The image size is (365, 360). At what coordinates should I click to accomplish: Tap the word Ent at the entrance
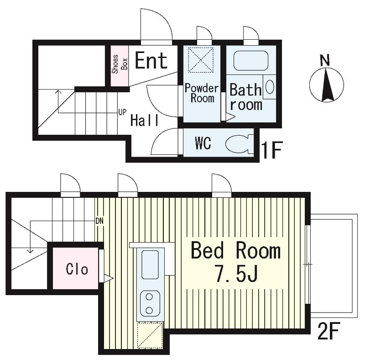(x=151, y=60)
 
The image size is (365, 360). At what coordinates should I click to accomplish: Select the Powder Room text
(x=201, y=93)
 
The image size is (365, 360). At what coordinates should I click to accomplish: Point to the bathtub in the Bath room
(x=250, y=61)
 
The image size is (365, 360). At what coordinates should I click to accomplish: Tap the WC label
(x=203, y=143)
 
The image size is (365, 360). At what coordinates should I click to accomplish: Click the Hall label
(x=145, y=120)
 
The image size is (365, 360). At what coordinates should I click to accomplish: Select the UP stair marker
(x=122, y=111)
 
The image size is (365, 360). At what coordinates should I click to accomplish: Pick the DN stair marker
(x=100, y=221)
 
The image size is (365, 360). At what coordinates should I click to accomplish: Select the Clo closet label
(x=77, y=269)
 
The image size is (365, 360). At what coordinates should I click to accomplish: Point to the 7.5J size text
(x=236, y=274)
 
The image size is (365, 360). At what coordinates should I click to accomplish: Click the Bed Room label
(x=235, y=251)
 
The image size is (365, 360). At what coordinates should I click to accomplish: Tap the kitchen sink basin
(x=150, y=265)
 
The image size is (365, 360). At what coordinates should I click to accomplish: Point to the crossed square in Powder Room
(x=201, y=59)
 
